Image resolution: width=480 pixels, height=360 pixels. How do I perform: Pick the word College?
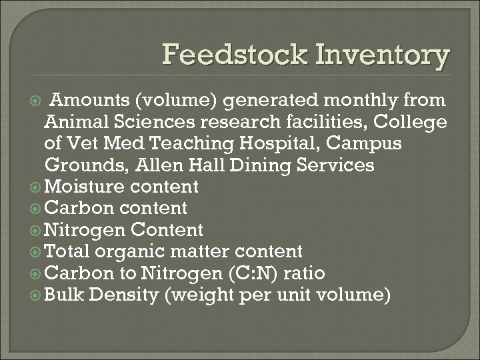(412, 123)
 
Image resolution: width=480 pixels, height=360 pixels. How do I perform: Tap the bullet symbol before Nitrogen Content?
(37, 230)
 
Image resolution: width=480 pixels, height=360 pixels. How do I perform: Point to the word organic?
(131, 251)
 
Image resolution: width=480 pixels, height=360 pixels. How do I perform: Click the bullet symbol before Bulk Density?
(37, 294)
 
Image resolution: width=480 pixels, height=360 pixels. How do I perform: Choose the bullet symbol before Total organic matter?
(37, 251)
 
